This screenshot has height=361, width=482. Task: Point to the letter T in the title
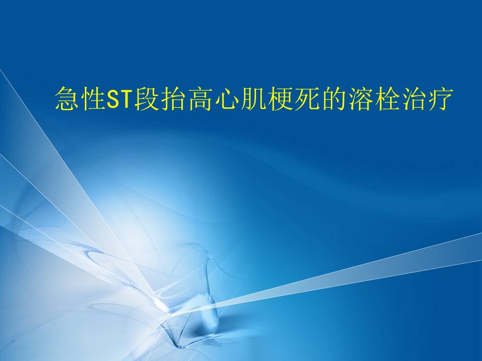(x=126, y=99)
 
